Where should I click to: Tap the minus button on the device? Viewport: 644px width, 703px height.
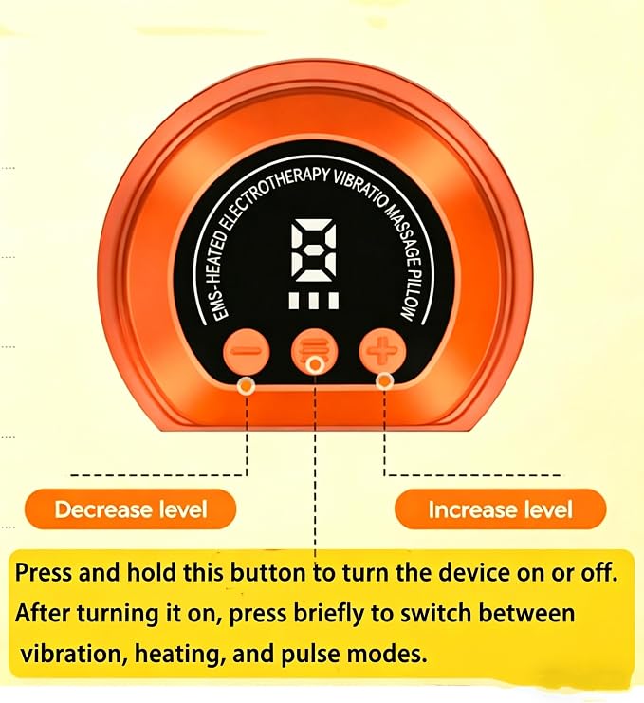click(x=247, y=351)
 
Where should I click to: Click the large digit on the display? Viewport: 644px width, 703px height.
click(x=314, y=250)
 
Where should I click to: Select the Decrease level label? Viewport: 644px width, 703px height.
click(x=131, y=509)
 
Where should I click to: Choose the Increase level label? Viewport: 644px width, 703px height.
click(x=500, y=509)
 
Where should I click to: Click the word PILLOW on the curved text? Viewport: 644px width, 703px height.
click(x=412, y=294)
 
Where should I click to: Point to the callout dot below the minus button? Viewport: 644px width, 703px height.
click(x=247, y=385)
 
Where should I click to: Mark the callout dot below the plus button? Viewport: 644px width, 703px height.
click(x=384, y=381)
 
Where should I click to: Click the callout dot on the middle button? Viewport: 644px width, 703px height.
click(x=315, y=365)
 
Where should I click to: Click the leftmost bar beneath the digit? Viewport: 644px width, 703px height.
click(x=294, y=301)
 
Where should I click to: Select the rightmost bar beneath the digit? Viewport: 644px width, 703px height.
click(x=334, y=301)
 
